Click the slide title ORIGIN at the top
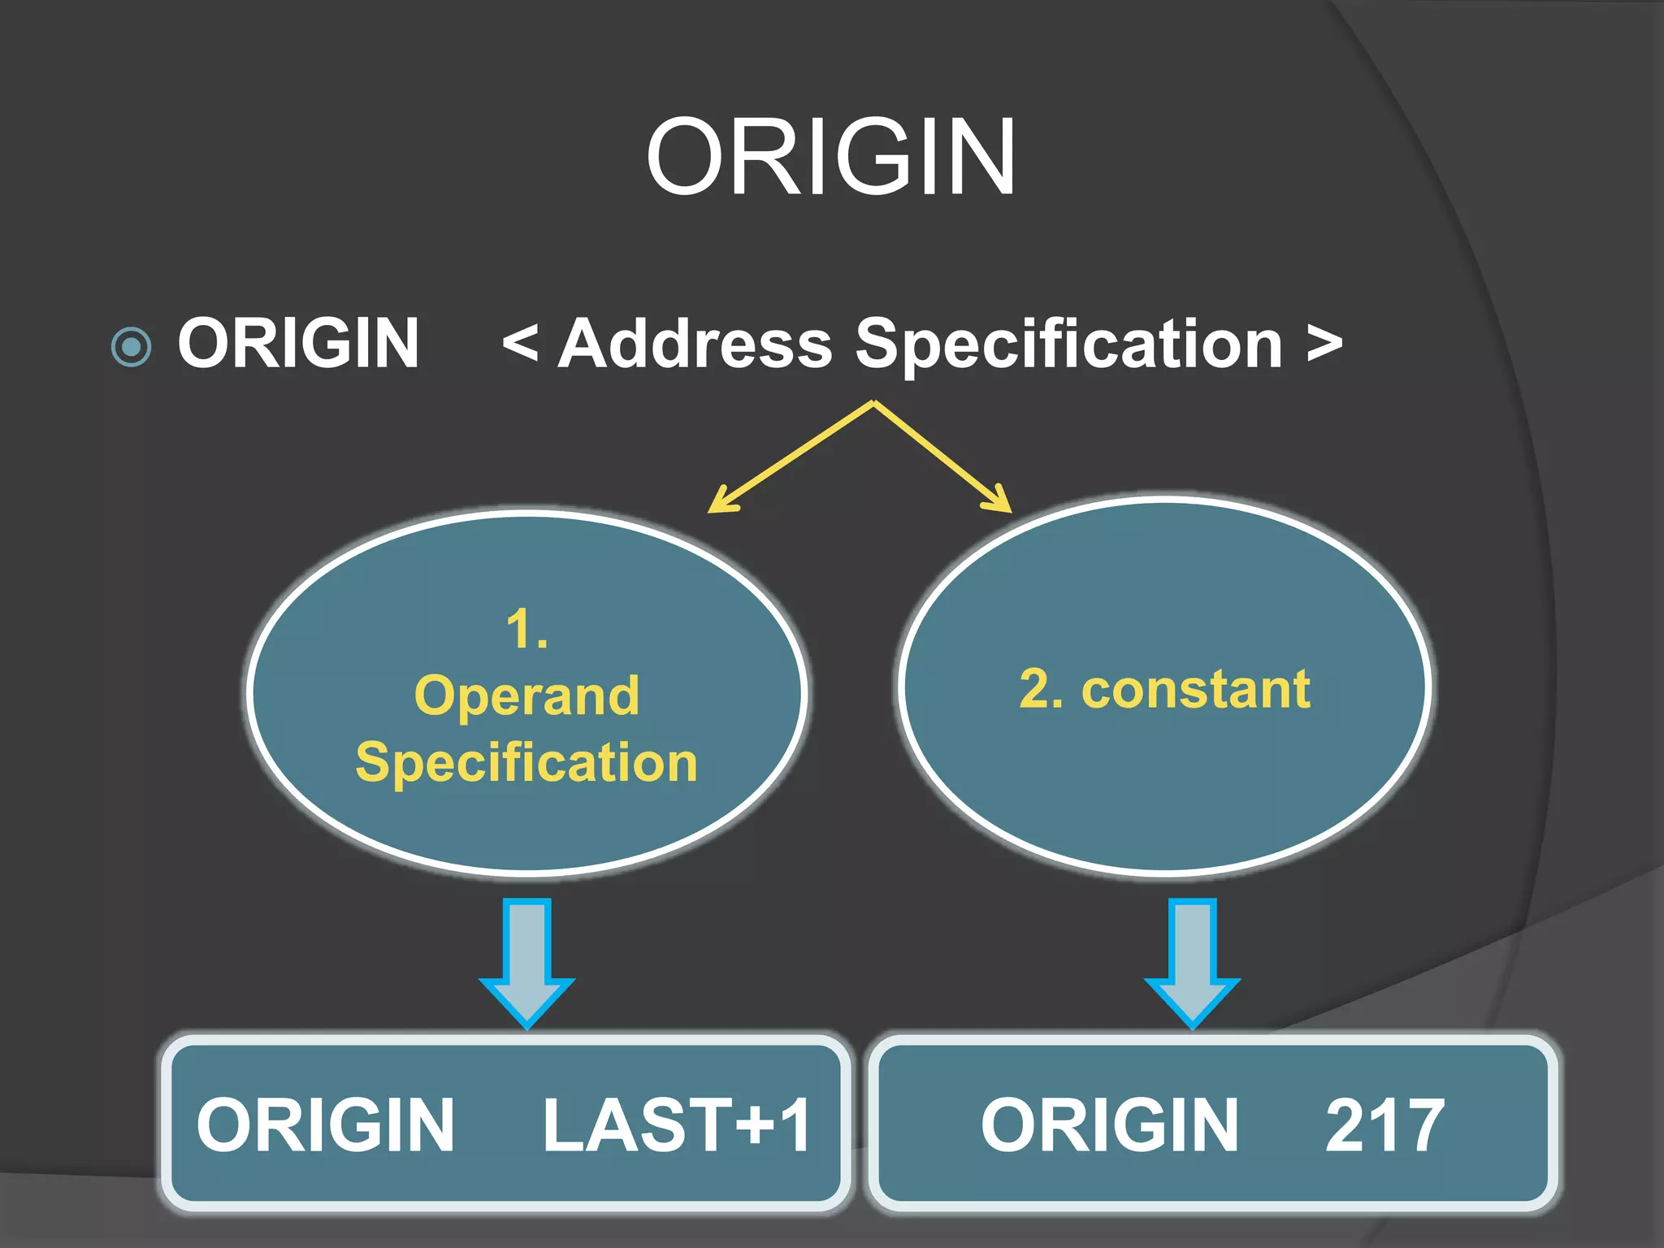[830, 156]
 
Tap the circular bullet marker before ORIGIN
[131, 347]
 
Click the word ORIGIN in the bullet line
[298, 343]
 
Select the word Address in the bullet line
[695, 343]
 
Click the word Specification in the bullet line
[1069, 344]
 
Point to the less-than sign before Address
[520, 343]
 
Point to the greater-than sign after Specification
[1324, 344]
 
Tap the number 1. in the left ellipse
[526, 629]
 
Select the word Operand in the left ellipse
[526, 695]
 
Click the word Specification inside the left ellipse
[526, 762]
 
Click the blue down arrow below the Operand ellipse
[527, 962]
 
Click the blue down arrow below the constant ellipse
[1192, 962]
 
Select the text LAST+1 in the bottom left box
[676, 1124]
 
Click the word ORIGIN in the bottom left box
[325, 1124]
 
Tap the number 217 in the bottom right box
[1384, 1124]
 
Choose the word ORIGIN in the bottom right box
[1110, 1124]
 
